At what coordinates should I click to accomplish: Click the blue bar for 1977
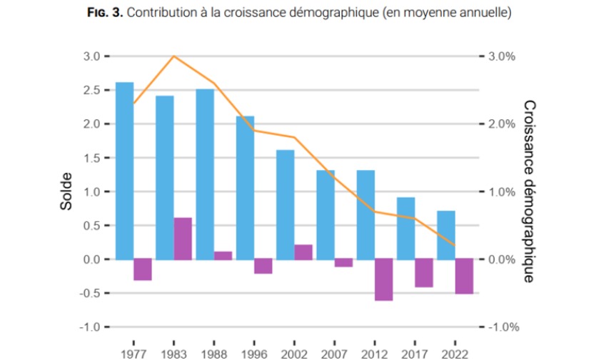coord(124,170)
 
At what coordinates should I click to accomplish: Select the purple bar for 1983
coord(183,238)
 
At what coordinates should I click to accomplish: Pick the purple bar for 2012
coord(384,279)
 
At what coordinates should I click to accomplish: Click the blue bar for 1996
coord(245,187)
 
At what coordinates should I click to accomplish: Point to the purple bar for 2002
coord(303,251)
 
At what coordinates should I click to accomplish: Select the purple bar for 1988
coord(223,255)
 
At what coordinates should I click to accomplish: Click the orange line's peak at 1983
coord(174,56)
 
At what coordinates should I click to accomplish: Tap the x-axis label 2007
coord(334,354)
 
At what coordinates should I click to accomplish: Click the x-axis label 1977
coord(133,354)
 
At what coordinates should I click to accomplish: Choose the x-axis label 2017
coord(415,354)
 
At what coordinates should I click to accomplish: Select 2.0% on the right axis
coord(501,124)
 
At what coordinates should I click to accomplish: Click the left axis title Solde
coord(66,191)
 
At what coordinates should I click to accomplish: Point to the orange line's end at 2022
coord(455,246)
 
